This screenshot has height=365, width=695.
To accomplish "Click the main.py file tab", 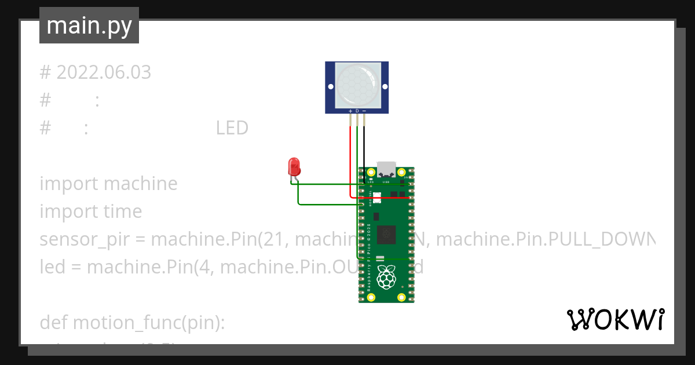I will click(89, 26).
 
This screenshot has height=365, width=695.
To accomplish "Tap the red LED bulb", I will click(294, 167).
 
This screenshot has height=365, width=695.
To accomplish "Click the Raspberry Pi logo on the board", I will click(386, 278).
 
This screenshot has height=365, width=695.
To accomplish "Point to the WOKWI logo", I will click(615, 319).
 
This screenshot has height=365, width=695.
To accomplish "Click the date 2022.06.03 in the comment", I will click(104, 72).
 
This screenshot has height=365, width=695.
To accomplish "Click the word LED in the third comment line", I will click(232, 128).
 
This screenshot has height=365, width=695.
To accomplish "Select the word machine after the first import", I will click(141, 184).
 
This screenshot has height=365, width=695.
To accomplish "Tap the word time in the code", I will click(123, 211).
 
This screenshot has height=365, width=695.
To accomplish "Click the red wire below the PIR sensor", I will click(350, 156).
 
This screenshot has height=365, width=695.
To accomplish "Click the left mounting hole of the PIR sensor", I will click(331, 87).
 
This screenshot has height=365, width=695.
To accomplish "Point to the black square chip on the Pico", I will click(386, 235).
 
